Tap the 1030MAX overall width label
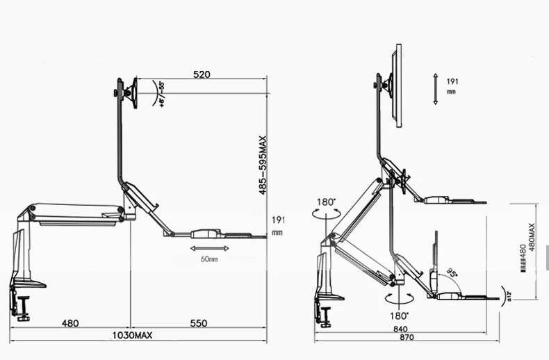(131, 336)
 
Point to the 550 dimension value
(199, 323)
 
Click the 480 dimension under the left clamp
(69, 323)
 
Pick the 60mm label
(208, 259)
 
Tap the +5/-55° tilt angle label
(161, 94)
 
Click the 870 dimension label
(407, 338)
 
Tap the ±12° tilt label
(509, 297)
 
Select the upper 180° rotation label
(327, 202)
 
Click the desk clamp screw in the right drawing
(325, 316)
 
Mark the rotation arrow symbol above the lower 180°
(399, 297)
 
